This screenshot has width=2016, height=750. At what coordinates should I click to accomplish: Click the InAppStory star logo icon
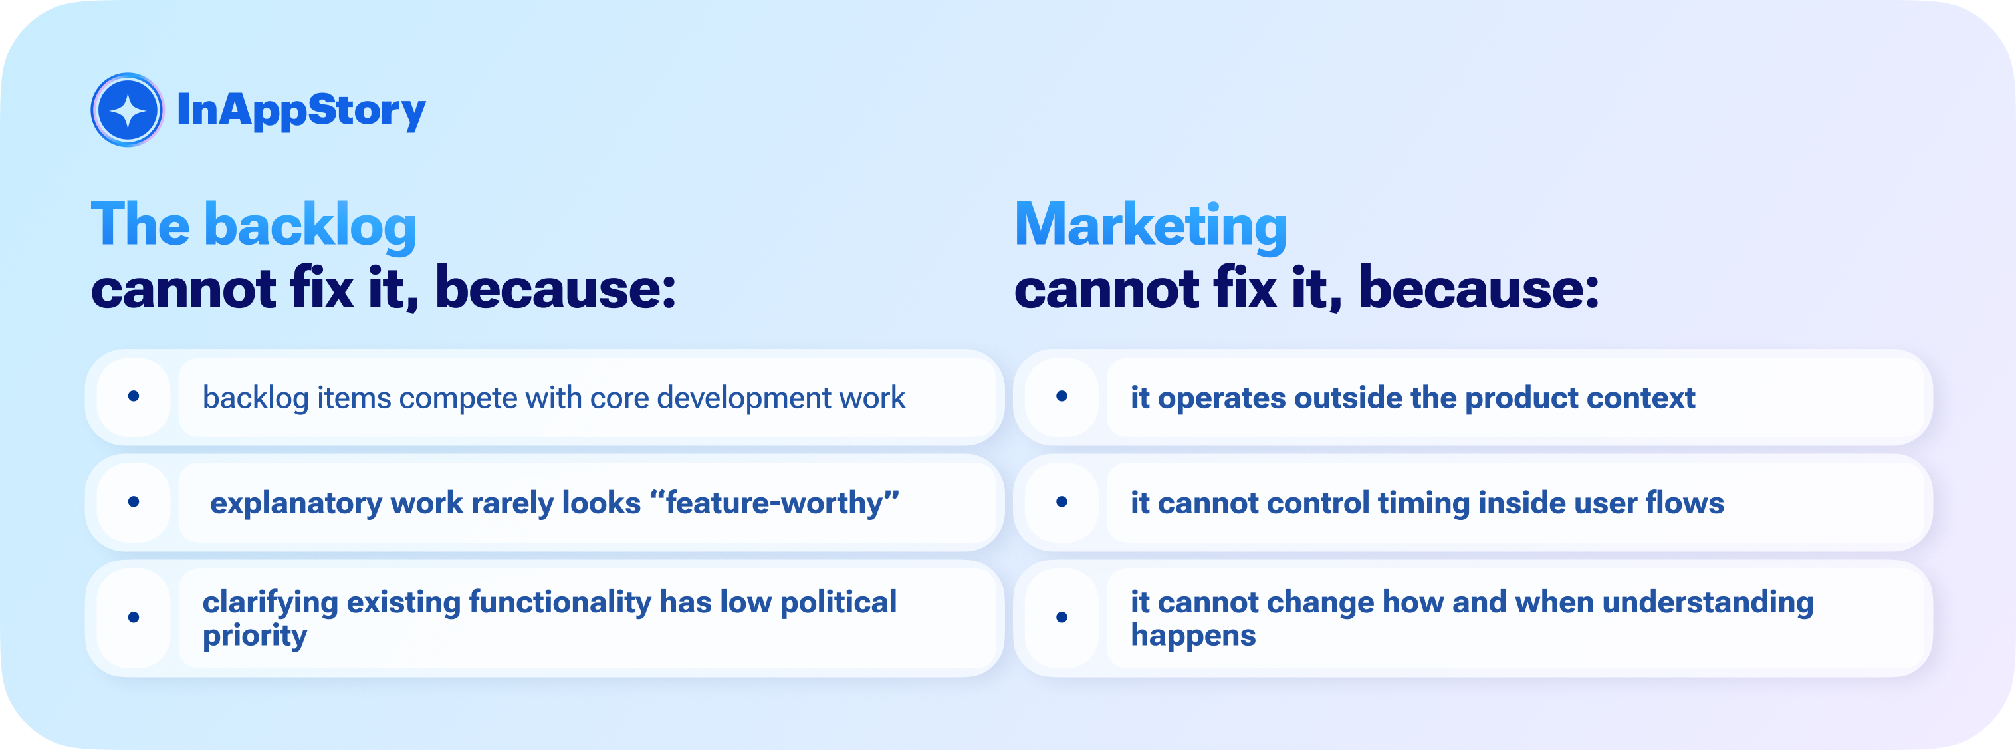(x=127, y=110)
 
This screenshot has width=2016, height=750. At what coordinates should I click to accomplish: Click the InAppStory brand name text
(x=301, y=110)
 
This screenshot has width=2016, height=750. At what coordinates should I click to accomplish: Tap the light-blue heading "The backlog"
(x=253, y=225)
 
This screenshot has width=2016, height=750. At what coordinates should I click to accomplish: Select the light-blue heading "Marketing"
(x=1151, y=225)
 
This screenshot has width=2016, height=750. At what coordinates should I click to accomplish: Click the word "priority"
(x=255, y=636)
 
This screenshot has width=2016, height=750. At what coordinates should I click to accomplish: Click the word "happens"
(x=1194, y=636)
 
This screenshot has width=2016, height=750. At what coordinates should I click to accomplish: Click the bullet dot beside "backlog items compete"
(x=134, y=396)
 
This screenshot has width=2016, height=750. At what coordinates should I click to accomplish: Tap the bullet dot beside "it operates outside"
(x=1062, y=396)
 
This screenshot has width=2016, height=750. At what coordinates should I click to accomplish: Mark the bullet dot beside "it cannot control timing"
(x=1062, y=501)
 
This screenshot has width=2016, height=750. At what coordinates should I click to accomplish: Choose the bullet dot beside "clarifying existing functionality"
(x=134, y=617)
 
